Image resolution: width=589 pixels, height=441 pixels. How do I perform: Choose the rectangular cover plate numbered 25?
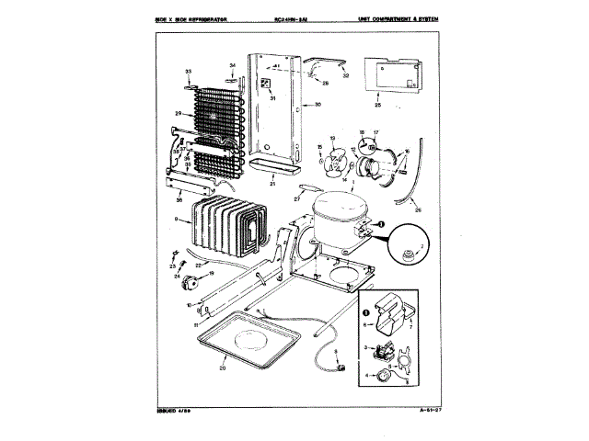390,76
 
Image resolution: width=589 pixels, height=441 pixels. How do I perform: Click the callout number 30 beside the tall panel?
318,106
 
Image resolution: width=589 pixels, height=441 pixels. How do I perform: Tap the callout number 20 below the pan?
222,368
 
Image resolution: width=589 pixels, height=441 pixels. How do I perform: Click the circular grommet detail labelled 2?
408,246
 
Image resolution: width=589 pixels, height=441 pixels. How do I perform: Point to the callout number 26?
419,210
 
